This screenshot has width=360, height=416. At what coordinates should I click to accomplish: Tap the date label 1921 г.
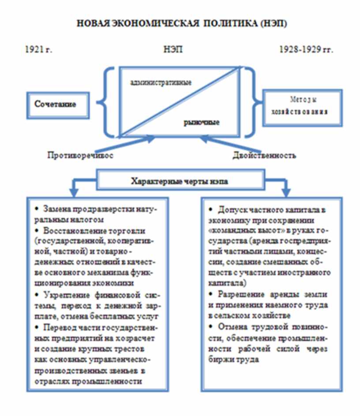39,49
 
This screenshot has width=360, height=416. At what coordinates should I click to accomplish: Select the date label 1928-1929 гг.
306,49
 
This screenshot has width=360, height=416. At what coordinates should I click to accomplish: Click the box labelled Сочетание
56,105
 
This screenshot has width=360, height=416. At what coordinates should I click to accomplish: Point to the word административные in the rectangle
161,82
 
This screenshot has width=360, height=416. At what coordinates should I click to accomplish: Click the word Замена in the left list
56,208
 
